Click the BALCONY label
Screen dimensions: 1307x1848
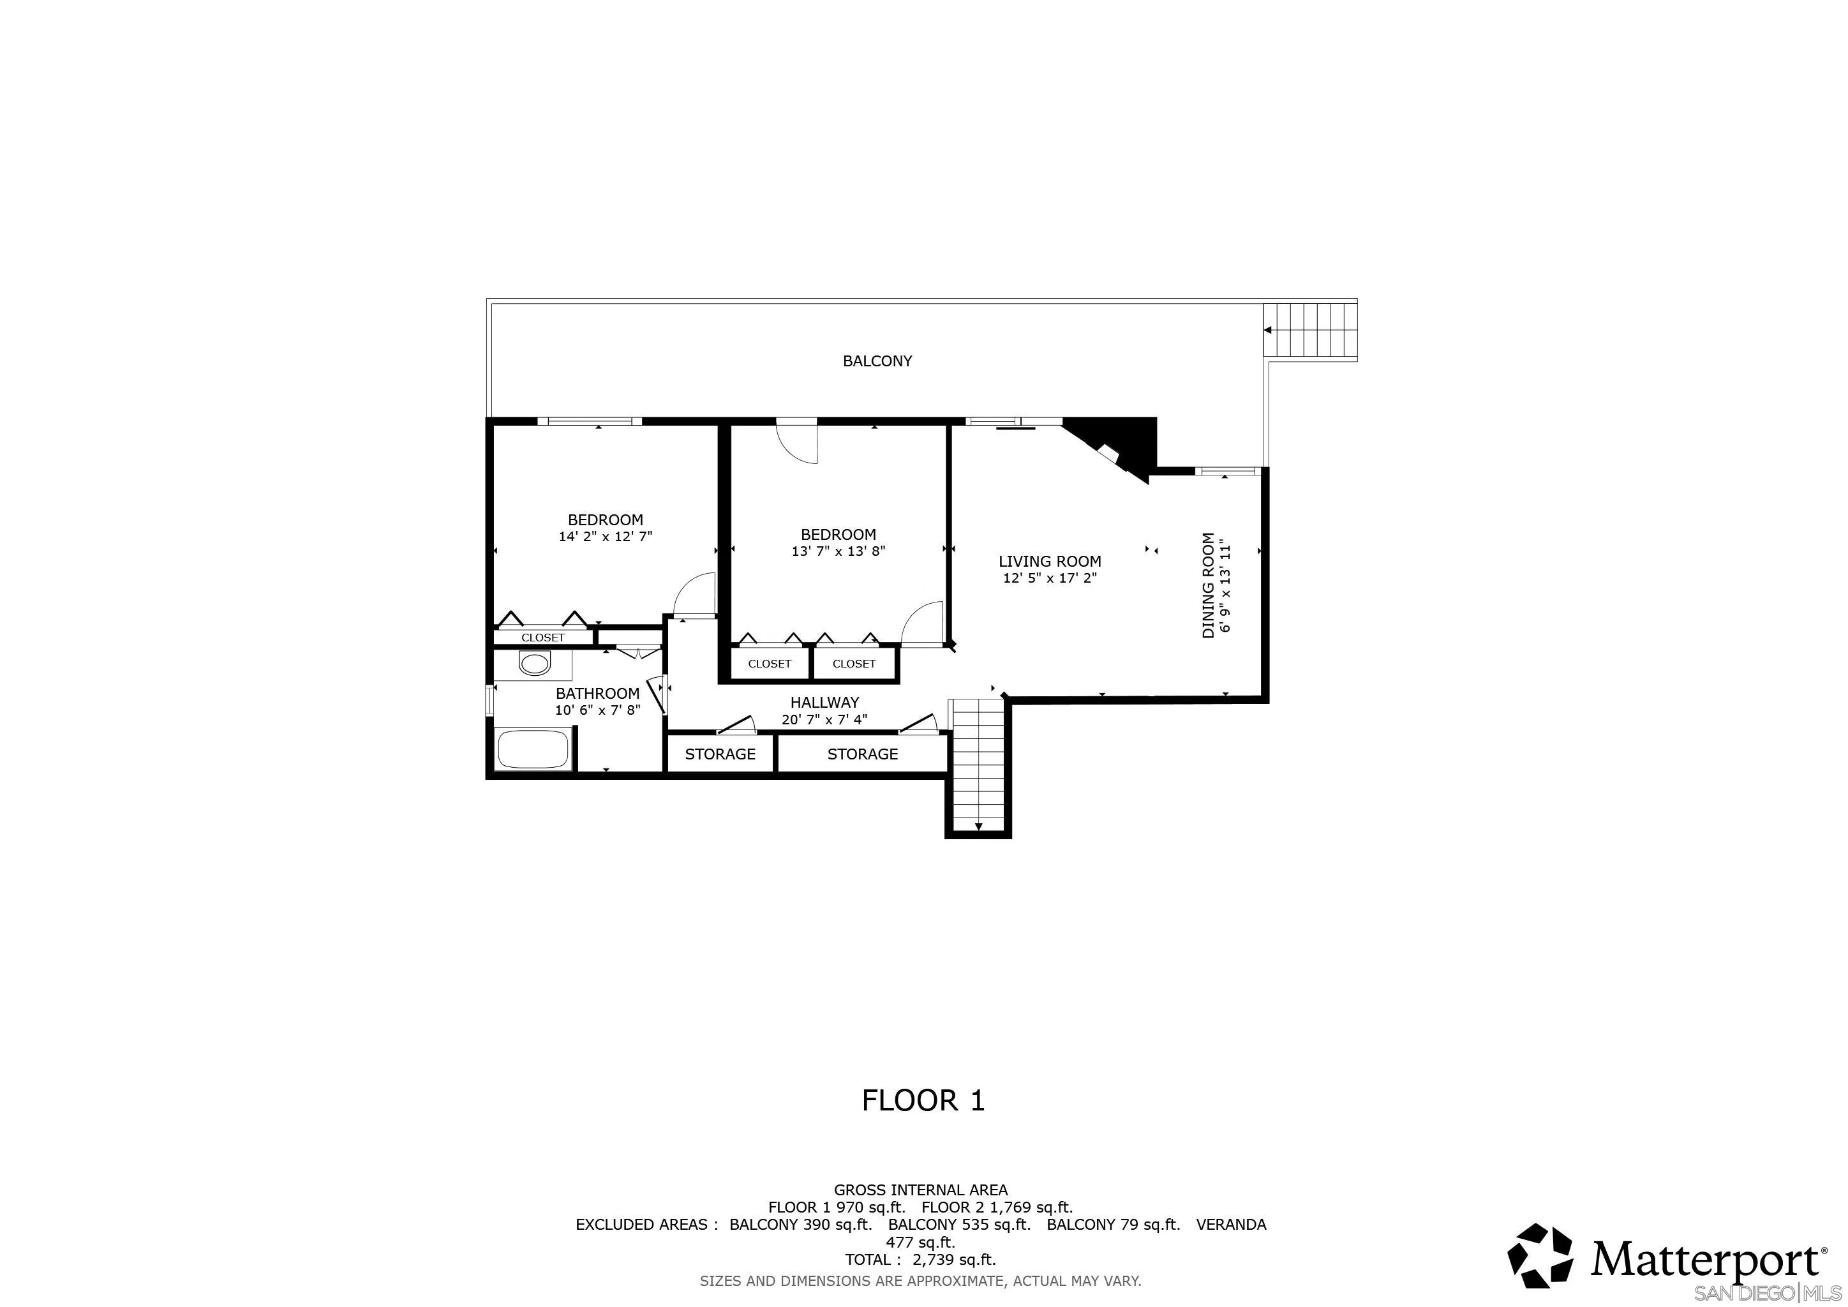[877, 361]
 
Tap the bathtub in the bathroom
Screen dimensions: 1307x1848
[533, 749]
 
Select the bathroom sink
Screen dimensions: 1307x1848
[533, 665]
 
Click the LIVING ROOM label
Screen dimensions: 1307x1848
[1050, 562]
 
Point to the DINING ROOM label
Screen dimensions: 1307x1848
[1208, 585]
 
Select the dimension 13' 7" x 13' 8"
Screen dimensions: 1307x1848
[838, 551]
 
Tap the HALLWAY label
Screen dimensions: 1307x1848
[824, 703]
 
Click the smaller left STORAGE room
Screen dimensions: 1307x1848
[720, 754]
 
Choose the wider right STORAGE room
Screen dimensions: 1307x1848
[862, 754]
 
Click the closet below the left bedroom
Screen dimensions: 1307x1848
[543, 638]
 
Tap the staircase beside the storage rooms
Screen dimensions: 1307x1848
[978, 765]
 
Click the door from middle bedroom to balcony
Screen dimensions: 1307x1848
[797, 441]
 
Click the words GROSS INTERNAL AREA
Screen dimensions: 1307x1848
[920, 1190]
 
